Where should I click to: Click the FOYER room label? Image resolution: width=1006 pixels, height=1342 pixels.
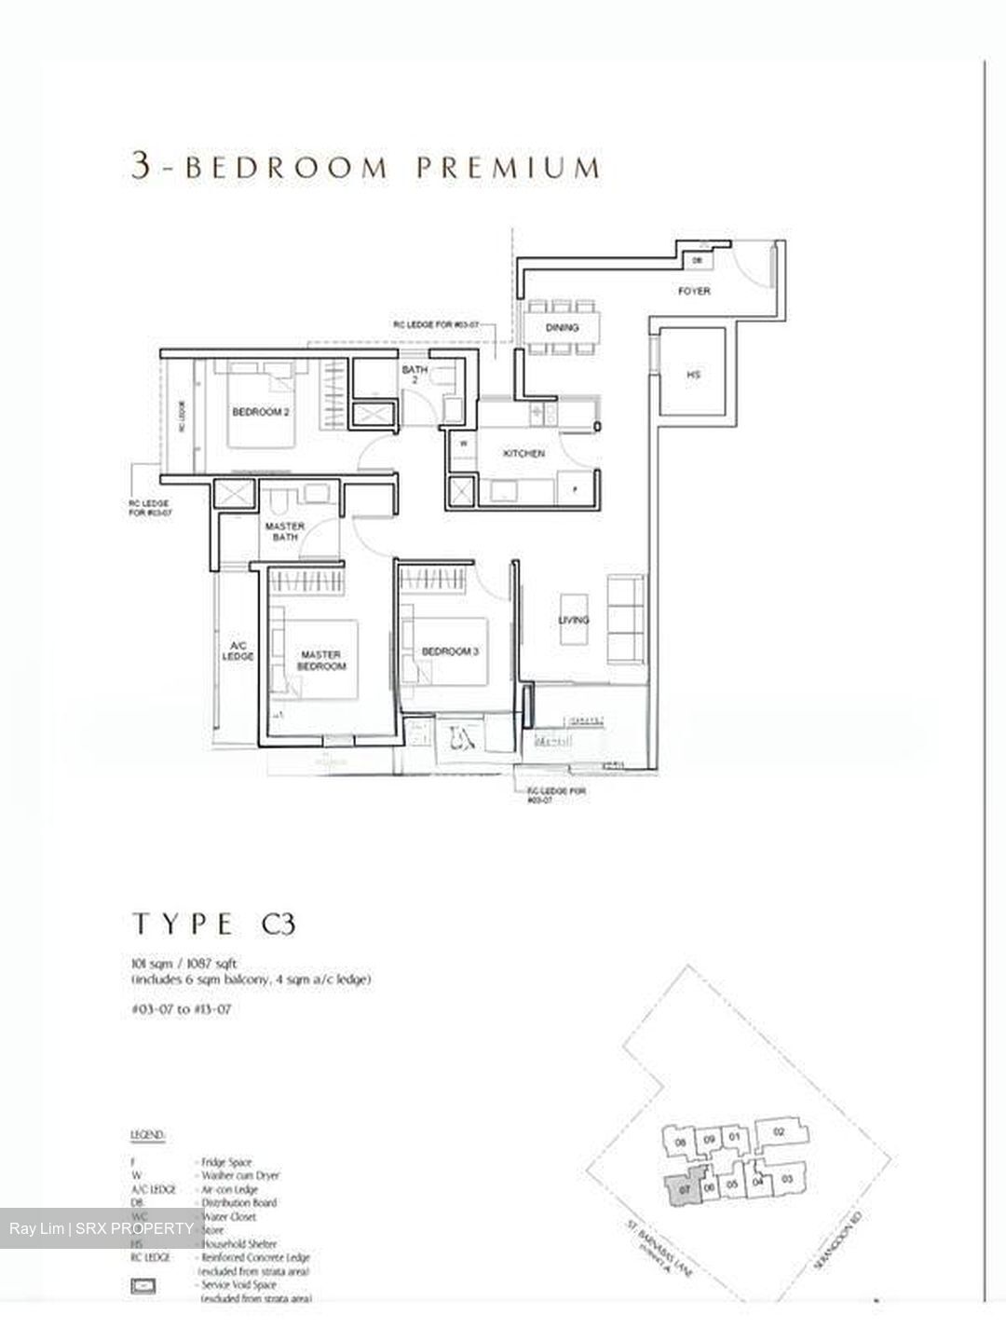pos(693,292)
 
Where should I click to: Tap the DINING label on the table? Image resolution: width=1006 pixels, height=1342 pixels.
pos(562,327)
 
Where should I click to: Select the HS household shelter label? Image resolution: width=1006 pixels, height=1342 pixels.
pos(693,375)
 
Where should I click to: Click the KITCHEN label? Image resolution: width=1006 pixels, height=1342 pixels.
pos(523,454)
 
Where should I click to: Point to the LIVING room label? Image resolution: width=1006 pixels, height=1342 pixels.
pos(574,620)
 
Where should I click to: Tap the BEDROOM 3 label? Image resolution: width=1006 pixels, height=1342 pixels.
pos(449,651)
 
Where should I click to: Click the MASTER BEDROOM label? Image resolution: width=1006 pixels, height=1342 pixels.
pos(322,660)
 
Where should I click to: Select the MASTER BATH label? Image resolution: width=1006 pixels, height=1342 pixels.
pos(284,532)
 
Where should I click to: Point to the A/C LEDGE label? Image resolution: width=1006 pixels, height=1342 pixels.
pos(238,650)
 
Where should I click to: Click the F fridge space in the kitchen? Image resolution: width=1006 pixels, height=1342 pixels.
pos(575,488)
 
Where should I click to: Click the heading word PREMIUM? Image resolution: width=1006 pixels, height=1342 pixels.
pos(508,168)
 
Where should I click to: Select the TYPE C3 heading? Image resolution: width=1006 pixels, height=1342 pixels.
pos(214,924)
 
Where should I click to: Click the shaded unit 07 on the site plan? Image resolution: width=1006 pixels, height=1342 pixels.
pos(684,1190)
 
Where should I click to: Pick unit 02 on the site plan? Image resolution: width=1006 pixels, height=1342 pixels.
pos(780,1132)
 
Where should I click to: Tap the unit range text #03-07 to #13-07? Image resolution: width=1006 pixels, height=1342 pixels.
pos(183,1009)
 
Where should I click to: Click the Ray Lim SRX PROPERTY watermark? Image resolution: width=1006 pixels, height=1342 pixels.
pos(102,1229)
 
